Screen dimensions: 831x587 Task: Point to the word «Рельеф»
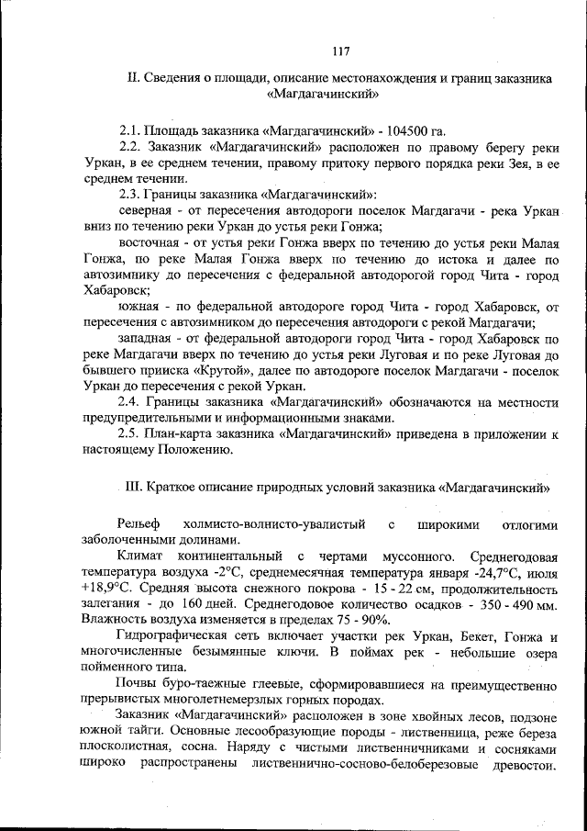[x=142, y=523]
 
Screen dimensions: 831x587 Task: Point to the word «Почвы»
[x=138, y=683]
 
